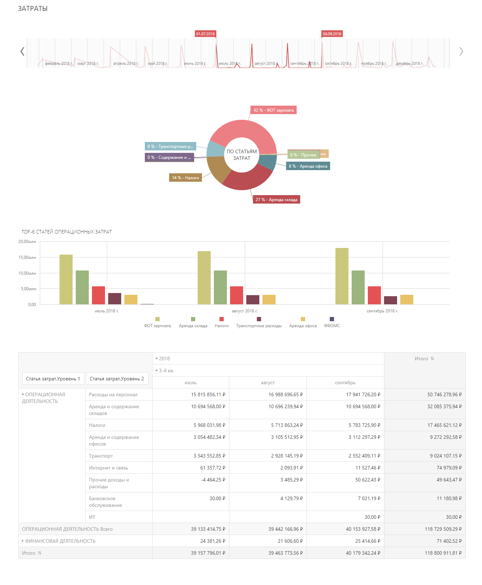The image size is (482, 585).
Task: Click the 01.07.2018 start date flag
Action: pyautogui.click(x=205, y=34)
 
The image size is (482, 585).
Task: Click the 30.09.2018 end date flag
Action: pyautogui.click(x=332, y=34)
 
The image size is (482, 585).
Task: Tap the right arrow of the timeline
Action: pyautogui.click(x=461, y=51)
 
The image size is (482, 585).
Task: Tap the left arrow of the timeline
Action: pyautogui.click(x=22, y=51)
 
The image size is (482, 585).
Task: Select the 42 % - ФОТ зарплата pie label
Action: pyautogui.click(x=273, y=110)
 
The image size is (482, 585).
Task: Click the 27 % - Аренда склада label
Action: pyautogui.click(x=277, y=200)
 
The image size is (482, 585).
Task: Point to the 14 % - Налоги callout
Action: pyautogui.click(x=185, y=178)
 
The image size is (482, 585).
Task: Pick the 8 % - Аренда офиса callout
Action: pyautogui.click(x=308, y=166)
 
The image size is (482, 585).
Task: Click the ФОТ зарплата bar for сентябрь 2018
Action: pyautogui.click(x=342, y=276)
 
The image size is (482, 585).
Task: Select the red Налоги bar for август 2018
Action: pyautogui.click(x=236, y=295)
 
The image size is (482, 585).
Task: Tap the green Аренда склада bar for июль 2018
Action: pyautogui.click(x=82, y=287)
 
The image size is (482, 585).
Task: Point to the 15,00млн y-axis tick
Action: pyautogui.click(x=27, y=257)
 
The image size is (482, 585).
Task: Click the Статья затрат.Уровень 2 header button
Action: pyautogui.click(x=117, y=379)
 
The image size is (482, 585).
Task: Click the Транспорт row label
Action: pyautogui.click(x=101, y=456)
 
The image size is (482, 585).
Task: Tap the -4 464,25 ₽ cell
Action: pyautogui.click(x=213, y=480)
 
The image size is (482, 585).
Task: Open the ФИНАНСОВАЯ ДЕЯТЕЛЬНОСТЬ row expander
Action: pyautogui.click(x=23, y=541)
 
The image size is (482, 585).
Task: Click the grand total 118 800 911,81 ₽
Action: pyautogui.click(x=443, y=553)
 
